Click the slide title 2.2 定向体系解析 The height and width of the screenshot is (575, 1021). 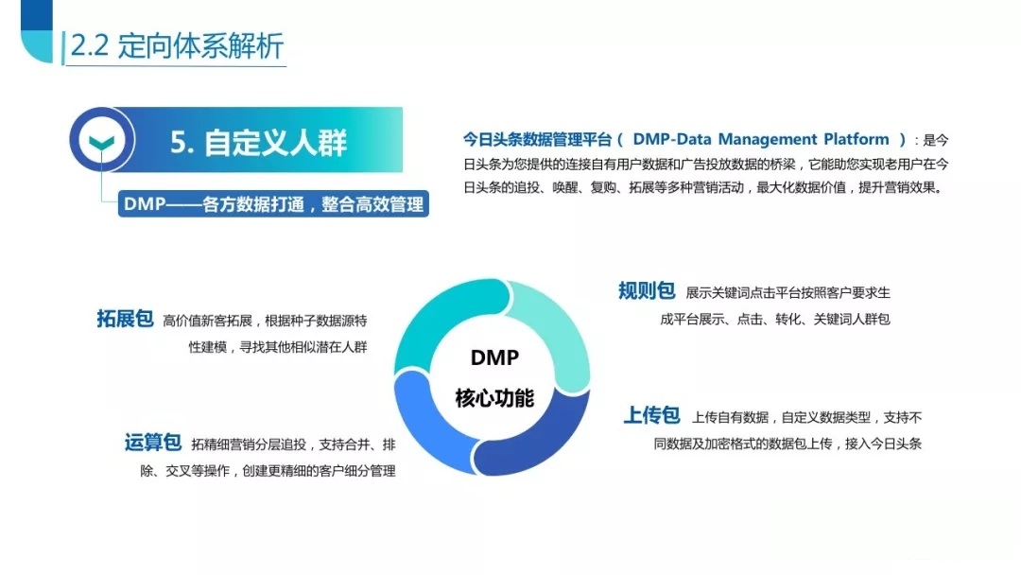(x=177, y=45)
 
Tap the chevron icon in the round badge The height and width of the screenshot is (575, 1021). (x=101, y=141)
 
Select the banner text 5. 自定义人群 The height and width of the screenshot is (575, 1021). (x=258, y=142)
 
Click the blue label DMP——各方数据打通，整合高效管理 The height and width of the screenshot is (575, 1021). (x=273, y=204)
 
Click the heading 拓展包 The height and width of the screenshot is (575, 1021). (x=125, y=319)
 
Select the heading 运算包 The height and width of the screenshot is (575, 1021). (x=153, y=443)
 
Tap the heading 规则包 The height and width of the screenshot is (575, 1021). (x=647, y=290)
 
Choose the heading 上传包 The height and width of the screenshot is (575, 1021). (x=651, y=415)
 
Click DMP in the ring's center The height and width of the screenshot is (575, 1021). (x=494, y=357)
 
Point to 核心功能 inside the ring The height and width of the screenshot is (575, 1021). (x=494, y=397)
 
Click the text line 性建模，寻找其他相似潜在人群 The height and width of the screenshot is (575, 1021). (x=278, y=347)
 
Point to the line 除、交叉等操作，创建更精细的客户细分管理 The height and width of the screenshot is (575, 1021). (x=268, y=471)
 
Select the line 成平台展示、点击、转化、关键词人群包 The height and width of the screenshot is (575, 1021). (x=775, y=319)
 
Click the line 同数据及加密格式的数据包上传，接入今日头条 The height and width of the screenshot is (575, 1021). (x=787, y=444)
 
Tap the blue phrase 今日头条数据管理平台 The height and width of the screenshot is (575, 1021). (x=537, y=139)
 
